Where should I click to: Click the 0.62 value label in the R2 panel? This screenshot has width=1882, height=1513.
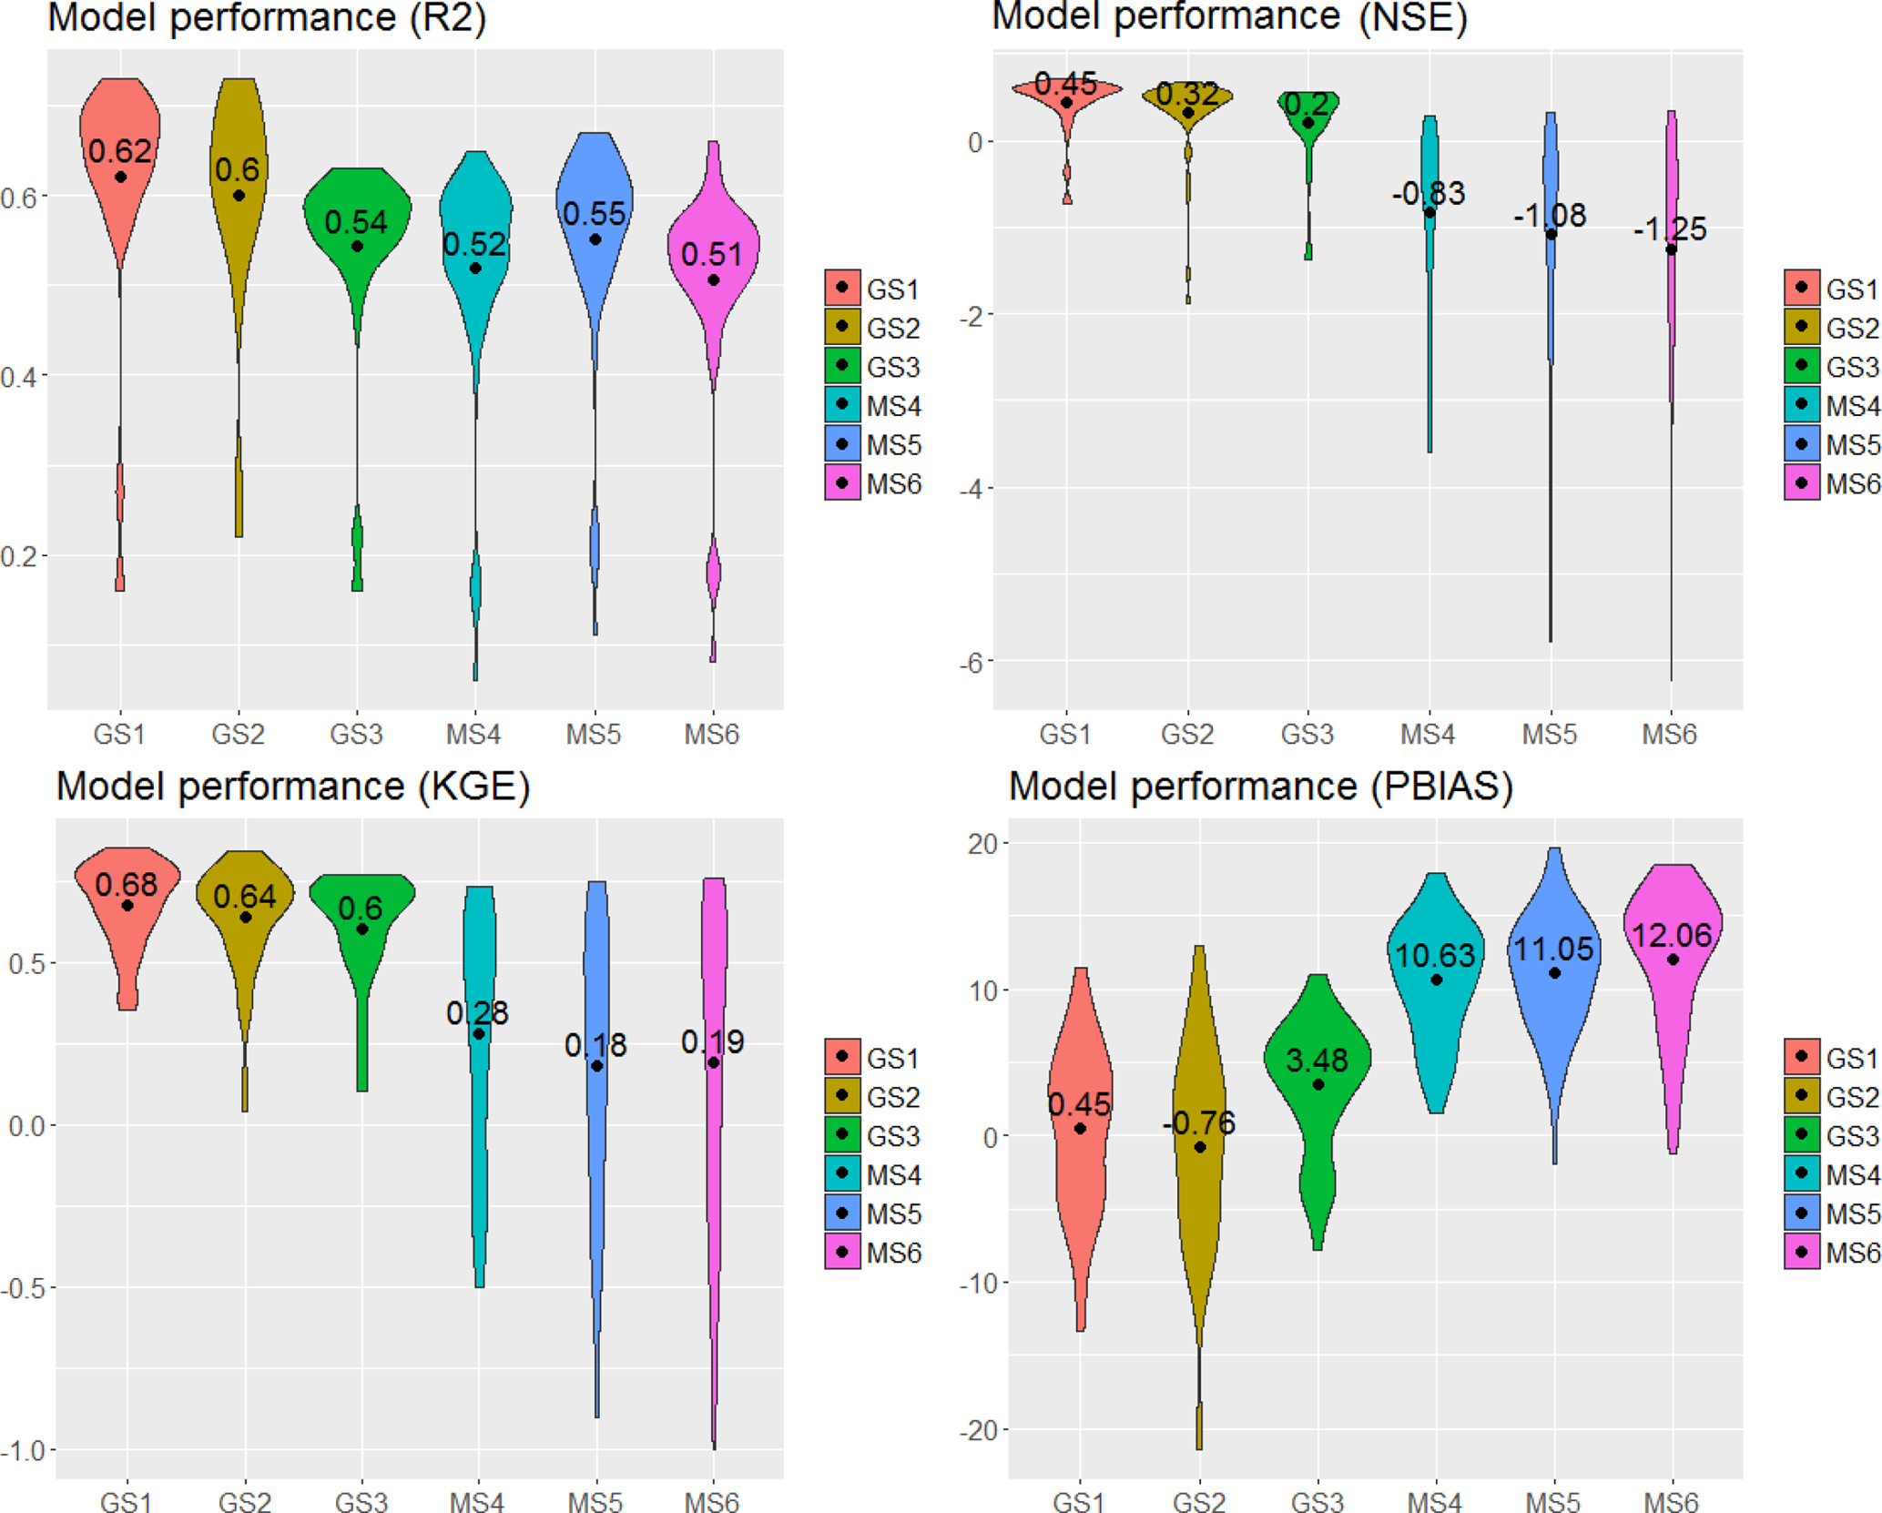pyautogui.click(x=119, y=151)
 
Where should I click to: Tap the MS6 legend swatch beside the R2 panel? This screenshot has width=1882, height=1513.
pyautogui.click(x=842, y=482)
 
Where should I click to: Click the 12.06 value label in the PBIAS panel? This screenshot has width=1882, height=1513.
pyautogui.click(x=1672, y=935)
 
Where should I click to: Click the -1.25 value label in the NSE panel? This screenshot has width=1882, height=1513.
pyautogui.click(x=1670, y=229)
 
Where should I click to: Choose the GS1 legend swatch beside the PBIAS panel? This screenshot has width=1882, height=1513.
pyautogui.click(x=1801, y=1057)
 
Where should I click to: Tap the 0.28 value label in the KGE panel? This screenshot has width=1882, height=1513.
pyautogui.click(x=477, y=1013)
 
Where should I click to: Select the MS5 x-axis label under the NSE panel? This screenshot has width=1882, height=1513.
pyautogui.click(x=1550, y=734)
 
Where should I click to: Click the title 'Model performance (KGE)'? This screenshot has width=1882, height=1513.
pyautogui.click(x=293, y=786)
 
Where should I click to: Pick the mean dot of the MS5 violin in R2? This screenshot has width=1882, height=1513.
pyautogui.click(x=595, y=239)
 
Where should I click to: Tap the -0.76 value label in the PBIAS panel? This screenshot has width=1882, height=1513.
pyautogui.click(x=1198, y=1123)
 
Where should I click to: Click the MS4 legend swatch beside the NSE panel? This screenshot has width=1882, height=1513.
pyautogui.click(x=1801, y=405)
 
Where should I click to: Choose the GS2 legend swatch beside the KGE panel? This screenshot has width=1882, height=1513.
pyautogui.click(x=842, y=1096)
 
